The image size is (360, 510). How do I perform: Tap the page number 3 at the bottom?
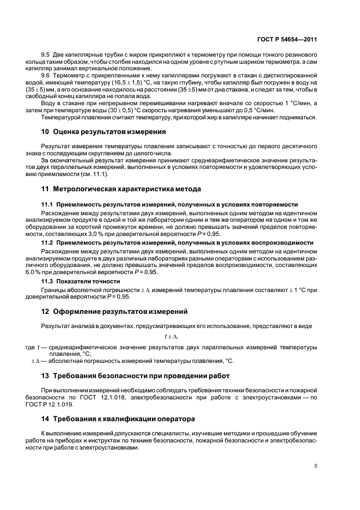point(315,465)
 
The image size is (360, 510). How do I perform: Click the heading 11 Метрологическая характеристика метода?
point(121,189)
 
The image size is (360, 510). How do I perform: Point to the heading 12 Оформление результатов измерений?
point(114,312)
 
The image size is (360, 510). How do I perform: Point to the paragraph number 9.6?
point(47,75)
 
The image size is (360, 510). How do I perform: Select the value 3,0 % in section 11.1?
point(103,232)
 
